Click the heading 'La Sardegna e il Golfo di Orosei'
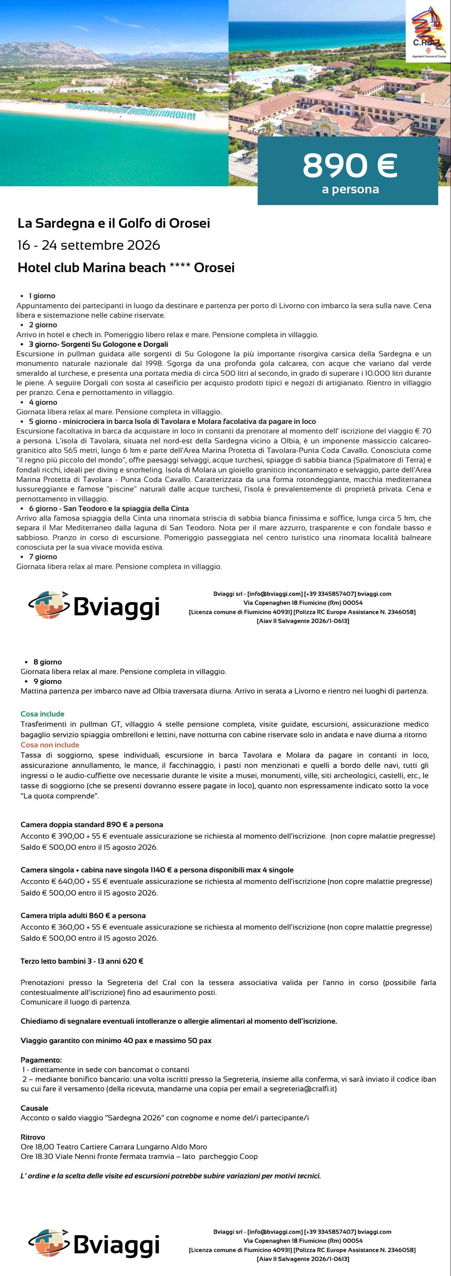(x=114, y=223)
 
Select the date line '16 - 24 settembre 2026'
(x=88, y=245)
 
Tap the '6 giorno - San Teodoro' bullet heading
(x=108, y=508)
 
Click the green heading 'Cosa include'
(x=42, y=714)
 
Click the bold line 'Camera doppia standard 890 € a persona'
(x=92, y=825)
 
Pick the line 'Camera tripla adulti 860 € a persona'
(x=83, y=916)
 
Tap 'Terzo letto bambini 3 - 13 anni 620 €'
(x=82, y=961)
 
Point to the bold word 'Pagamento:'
(x=41, y=1060)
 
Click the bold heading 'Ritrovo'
(x=33, y=1137)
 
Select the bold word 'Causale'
(x=34, y=1108)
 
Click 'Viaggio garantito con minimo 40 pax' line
(x=116, y=1041)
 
